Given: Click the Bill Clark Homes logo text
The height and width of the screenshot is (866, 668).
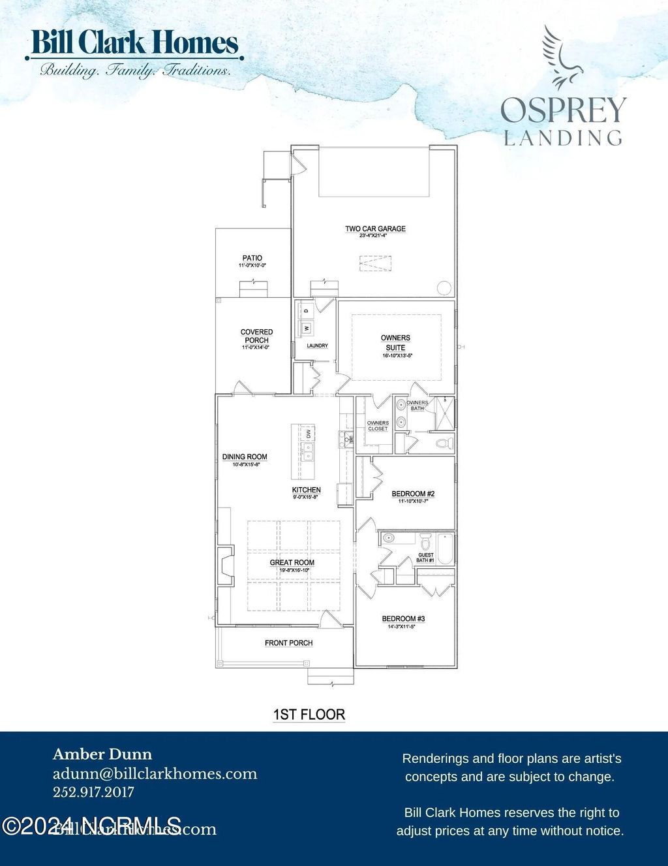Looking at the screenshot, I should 134,44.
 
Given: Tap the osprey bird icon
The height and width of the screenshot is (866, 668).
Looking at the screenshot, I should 560,57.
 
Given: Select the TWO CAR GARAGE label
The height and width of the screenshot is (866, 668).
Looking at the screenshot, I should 375,229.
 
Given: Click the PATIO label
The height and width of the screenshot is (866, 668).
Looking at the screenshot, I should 252,259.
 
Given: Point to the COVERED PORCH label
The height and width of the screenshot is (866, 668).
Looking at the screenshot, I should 256,336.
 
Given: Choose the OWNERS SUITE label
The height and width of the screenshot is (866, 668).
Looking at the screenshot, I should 395,343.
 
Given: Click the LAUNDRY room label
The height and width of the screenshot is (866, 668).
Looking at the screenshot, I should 317,345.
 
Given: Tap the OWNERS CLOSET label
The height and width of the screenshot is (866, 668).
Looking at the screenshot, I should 378,426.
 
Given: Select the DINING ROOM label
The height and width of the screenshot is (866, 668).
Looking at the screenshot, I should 245,457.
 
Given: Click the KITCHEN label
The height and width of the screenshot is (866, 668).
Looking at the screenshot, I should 306,490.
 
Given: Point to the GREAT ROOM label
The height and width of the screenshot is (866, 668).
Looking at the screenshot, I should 292,562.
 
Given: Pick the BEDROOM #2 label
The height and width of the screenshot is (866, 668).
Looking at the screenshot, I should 413,494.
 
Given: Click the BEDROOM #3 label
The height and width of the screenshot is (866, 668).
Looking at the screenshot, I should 403,618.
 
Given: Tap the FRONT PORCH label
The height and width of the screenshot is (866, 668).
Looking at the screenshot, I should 288,643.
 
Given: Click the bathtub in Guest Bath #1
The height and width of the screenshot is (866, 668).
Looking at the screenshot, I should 445,549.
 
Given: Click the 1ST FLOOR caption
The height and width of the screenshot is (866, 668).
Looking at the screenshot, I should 309,714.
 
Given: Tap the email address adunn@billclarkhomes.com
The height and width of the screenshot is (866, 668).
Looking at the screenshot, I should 155,774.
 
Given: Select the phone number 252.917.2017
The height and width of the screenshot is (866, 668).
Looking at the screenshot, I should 93,792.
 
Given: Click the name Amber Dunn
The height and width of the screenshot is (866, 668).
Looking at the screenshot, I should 102,755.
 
